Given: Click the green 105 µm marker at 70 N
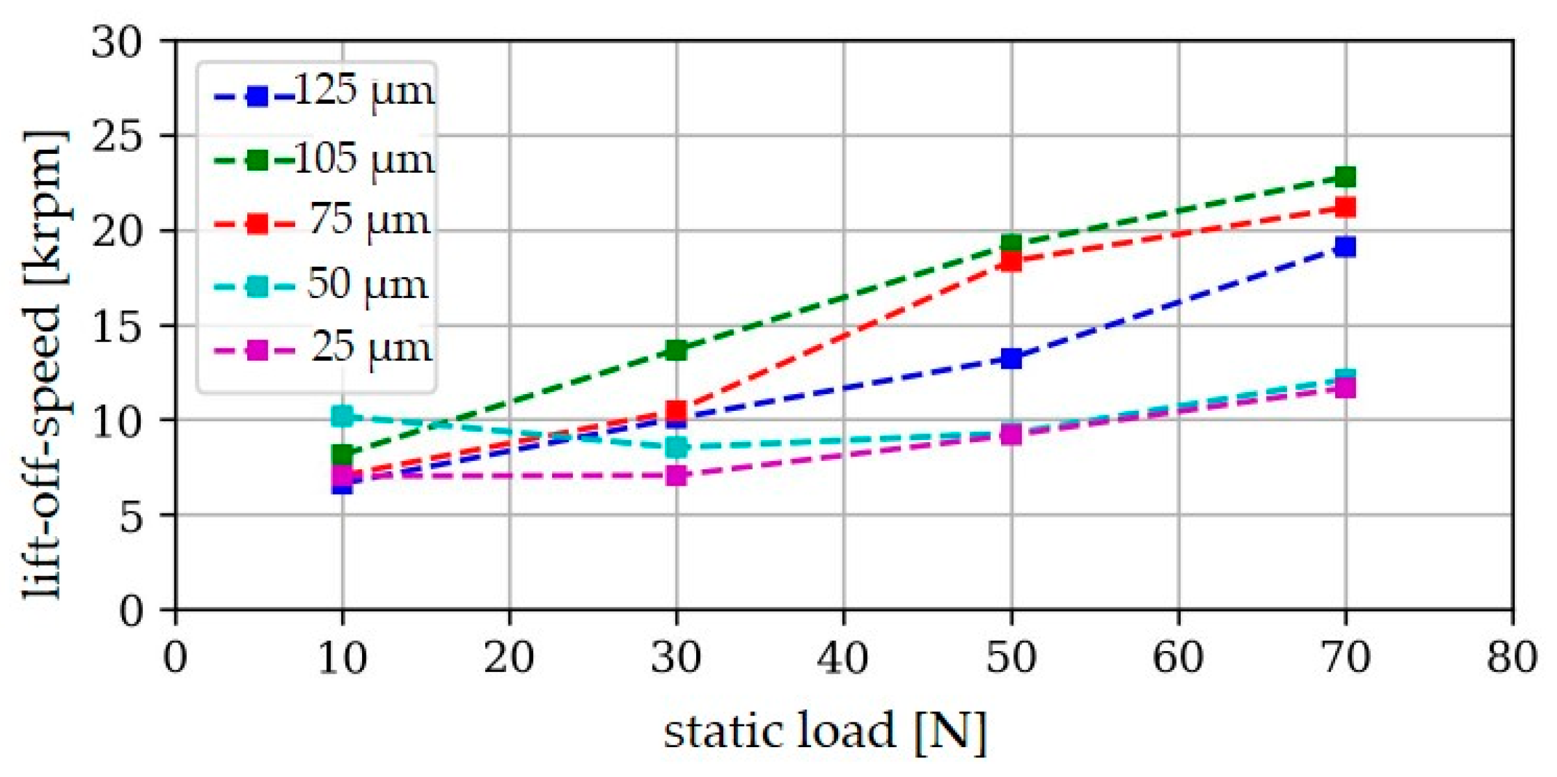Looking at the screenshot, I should [x=1345, y=177].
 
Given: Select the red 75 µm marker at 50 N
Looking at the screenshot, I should [x=1011, y=262].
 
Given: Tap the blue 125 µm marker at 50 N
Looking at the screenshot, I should [x=1011, y=358].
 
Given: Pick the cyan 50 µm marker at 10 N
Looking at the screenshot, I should [x=343, y=416].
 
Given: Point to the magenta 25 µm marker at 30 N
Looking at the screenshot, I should [x=677, y=476].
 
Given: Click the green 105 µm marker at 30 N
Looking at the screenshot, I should [x=677, y=351].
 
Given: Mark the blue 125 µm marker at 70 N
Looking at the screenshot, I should [x=1345, y=247].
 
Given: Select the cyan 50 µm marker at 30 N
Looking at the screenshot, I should [x=677, y=447].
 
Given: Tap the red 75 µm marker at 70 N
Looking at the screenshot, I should [x=1345, y=208].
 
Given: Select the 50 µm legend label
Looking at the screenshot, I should [x=367, y=284].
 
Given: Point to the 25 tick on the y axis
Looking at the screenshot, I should [x=117, y=136].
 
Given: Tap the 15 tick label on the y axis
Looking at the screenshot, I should [x=117, y=326].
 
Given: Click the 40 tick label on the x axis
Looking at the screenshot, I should [x=843, y=657].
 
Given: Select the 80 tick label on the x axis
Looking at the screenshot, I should [x=1512, y=657].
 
